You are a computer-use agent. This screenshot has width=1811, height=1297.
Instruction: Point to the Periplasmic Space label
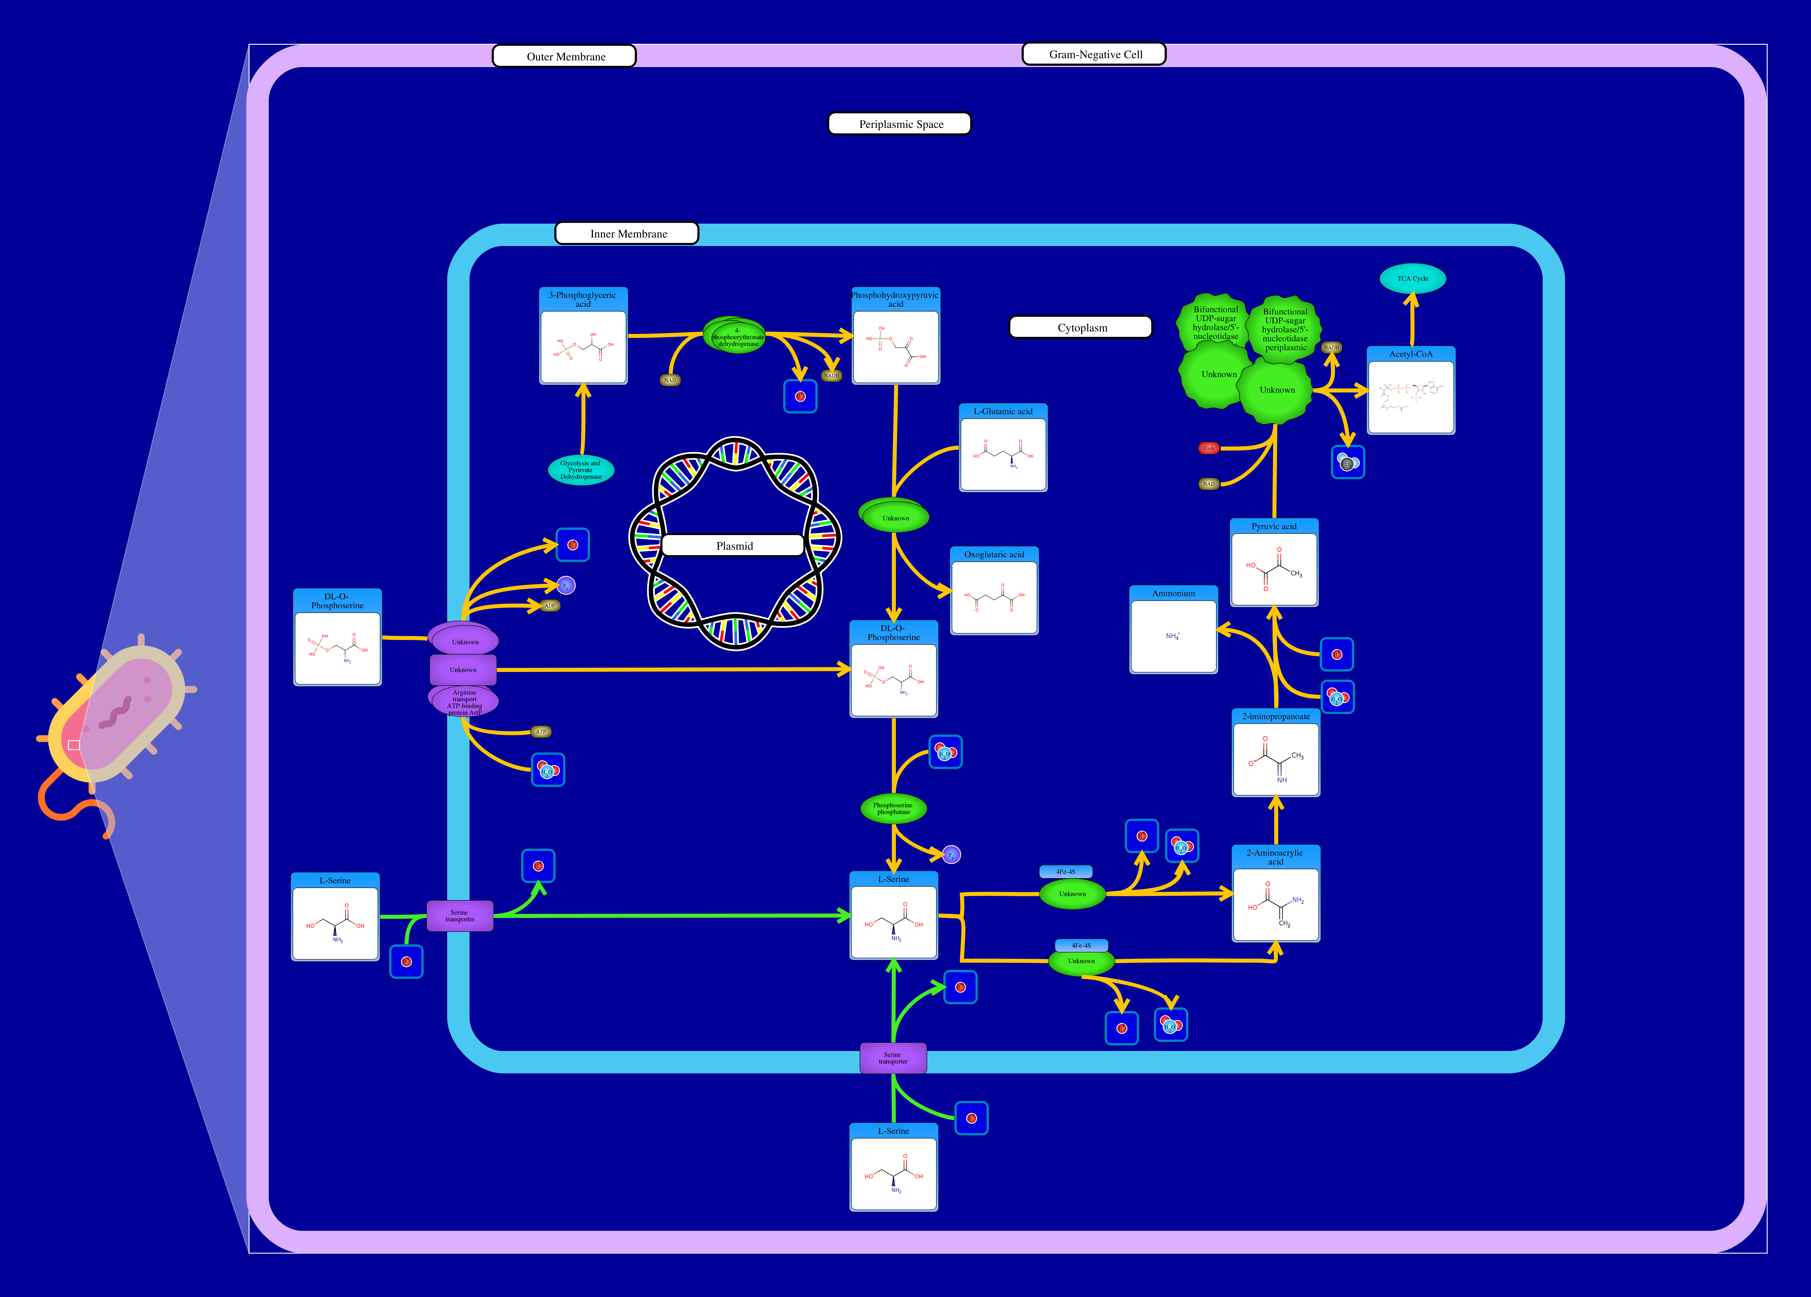tap(900, 124)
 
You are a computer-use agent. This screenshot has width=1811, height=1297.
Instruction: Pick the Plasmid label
tap(733, 545)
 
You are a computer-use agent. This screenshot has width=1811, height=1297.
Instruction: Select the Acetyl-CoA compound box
tap(1411, 391)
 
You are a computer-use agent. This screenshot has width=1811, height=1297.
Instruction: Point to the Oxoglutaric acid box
tap(994, 591)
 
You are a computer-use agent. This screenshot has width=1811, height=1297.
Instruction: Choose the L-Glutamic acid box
tap(1003, 448)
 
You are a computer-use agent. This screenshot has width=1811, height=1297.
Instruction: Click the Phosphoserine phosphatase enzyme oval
tap(893, 808)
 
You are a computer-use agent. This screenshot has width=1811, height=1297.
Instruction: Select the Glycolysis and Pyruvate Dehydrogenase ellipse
tap(580, 470)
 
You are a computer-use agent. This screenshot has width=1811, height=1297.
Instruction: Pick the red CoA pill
tap(1208, 448)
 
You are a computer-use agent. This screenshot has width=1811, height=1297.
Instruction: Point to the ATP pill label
tap(541, 731)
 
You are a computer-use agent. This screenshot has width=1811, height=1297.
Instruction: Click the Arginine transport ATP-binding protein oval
tap(464, 701)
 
